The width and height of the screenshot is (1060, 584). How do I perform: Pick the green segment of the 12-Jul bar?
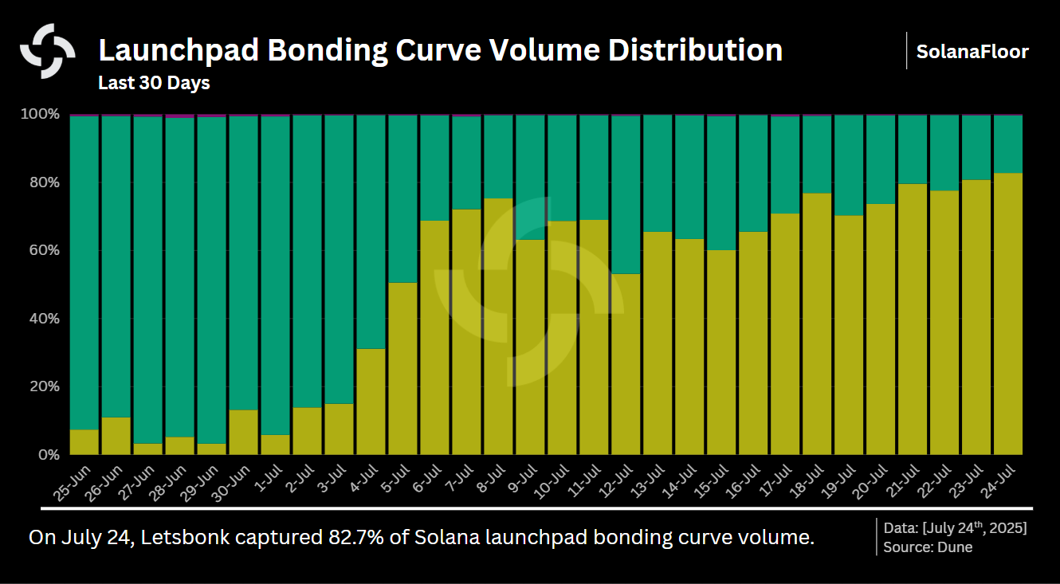[626, 195]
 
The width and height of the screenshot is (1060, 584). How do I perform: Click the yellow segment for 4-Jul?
[371, 402]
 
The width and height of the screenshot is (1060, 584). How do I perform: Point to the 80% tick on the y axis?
[40, 182]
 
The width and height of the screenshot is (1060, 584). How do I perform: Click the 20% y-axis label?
[40, 386]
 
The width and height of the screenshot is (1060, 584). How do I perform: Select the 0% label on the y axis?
[45, 455]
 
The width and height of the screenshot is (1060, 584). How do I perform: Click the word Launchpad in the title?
[176, 50]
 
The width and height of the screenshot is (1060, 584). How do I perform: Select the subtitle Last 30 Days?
[154, 83]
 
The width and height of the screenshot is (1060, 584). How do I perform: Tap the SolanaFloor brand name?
[972, 52]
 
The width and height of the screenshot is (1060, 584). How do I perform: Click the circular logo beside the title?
[48, 51]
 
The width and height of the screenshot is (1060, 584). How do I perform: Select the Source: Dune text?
[928, 547]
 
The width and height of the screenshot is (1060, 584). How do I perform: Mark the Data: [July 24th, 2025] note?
[955, 528]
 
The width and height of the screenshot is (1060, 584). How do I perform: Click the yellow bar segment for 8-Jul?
[498, 327]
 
